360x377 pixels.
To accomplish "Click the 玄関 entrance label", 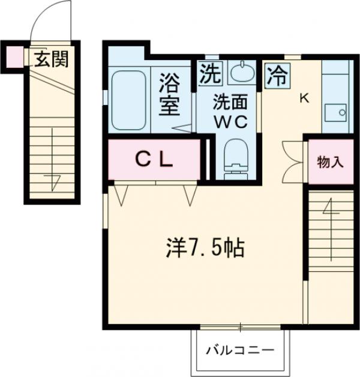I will [50, 59].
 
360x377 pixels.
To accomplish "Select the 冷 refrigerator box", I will [276, 75].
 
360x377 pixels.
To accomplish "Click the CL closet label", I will [154, 159].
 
